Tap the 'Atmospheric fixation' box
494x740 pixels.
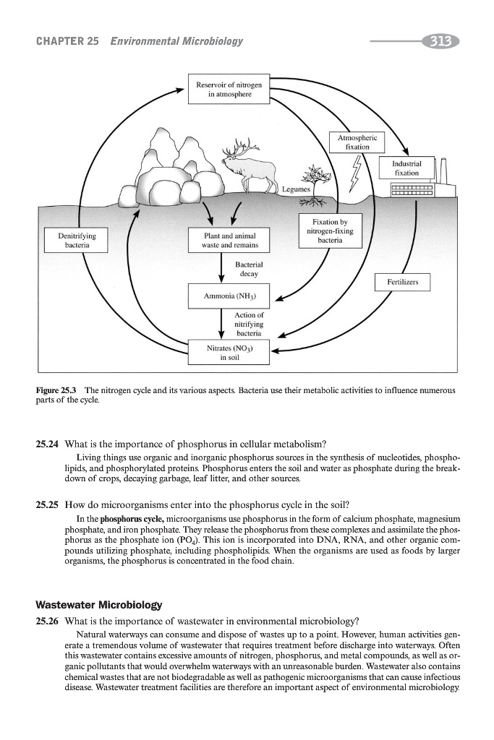pos(354,141)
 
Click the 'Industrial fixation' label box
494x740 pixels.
pos(405,168)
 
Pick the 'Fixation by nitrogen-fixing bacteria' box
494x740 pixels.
pos(330,231)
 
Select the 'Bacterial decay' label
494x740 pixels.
pos(249,271)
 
